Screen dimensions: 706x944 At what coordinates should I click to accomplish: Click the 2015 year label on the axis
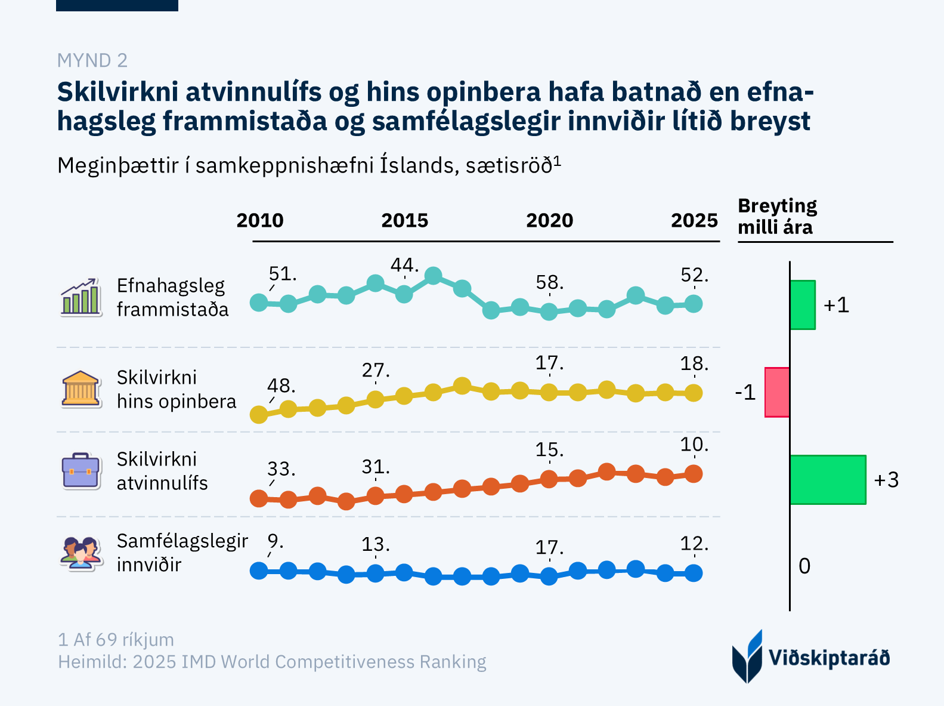tap(405, 221)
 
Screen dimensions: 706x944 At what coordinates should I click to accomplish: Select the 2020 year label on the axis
tap(549, 221)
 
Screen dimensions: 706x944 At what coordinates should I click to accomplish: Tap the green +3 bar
tap(828, 480)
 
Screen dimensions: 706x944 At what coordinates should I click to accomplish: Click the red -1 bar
tap(778, 392)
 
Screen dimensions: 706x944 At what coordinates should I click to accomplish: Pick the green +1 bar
tap(803, 305)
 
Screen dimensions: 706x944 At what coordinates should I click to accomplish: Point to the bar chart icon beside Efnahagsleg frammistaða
tap(81, 297)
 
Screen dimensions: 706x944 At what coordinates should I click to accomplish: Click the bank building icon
tap(81, 389)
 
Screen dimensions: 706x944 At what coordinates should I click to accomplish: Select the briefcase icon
tap(81, 471)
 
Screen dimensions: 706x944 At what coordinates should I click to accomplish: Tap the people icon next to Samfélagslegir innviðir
tap(81, 553)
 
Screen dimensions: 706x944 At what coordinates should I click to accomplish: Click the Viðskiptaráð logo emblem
tap(747, 656)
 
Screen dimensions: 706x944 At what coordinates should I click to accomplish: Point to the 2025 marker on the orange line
tap(694, 474)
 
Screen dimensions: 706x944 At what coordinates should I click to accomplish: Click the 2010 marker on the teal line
tap(259, 303)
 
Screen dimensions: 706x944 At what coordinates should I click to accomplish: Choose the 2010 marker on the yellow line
tap(259, 414)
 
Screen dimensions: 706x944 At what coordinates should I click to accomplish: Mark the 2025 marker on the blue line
tap(694, 573)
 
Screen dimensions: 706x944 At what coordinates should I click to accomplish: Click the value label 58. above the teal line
tap(549, 282)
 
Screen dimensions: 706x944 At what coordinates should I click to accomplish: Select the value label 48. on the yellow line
tap(281, 386)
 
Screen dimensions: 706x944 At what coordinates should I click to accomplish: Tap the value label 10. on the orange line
tap(694, 445)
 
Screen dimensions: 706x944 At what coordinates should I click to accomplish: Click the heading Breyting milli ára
tap(777, 217)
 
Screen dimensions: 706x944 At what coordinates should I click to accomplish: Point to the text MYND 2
tap(92, 60)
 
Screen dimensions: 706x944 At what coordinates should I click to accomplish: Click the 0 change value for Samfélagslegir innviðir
tap(804, 566)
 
